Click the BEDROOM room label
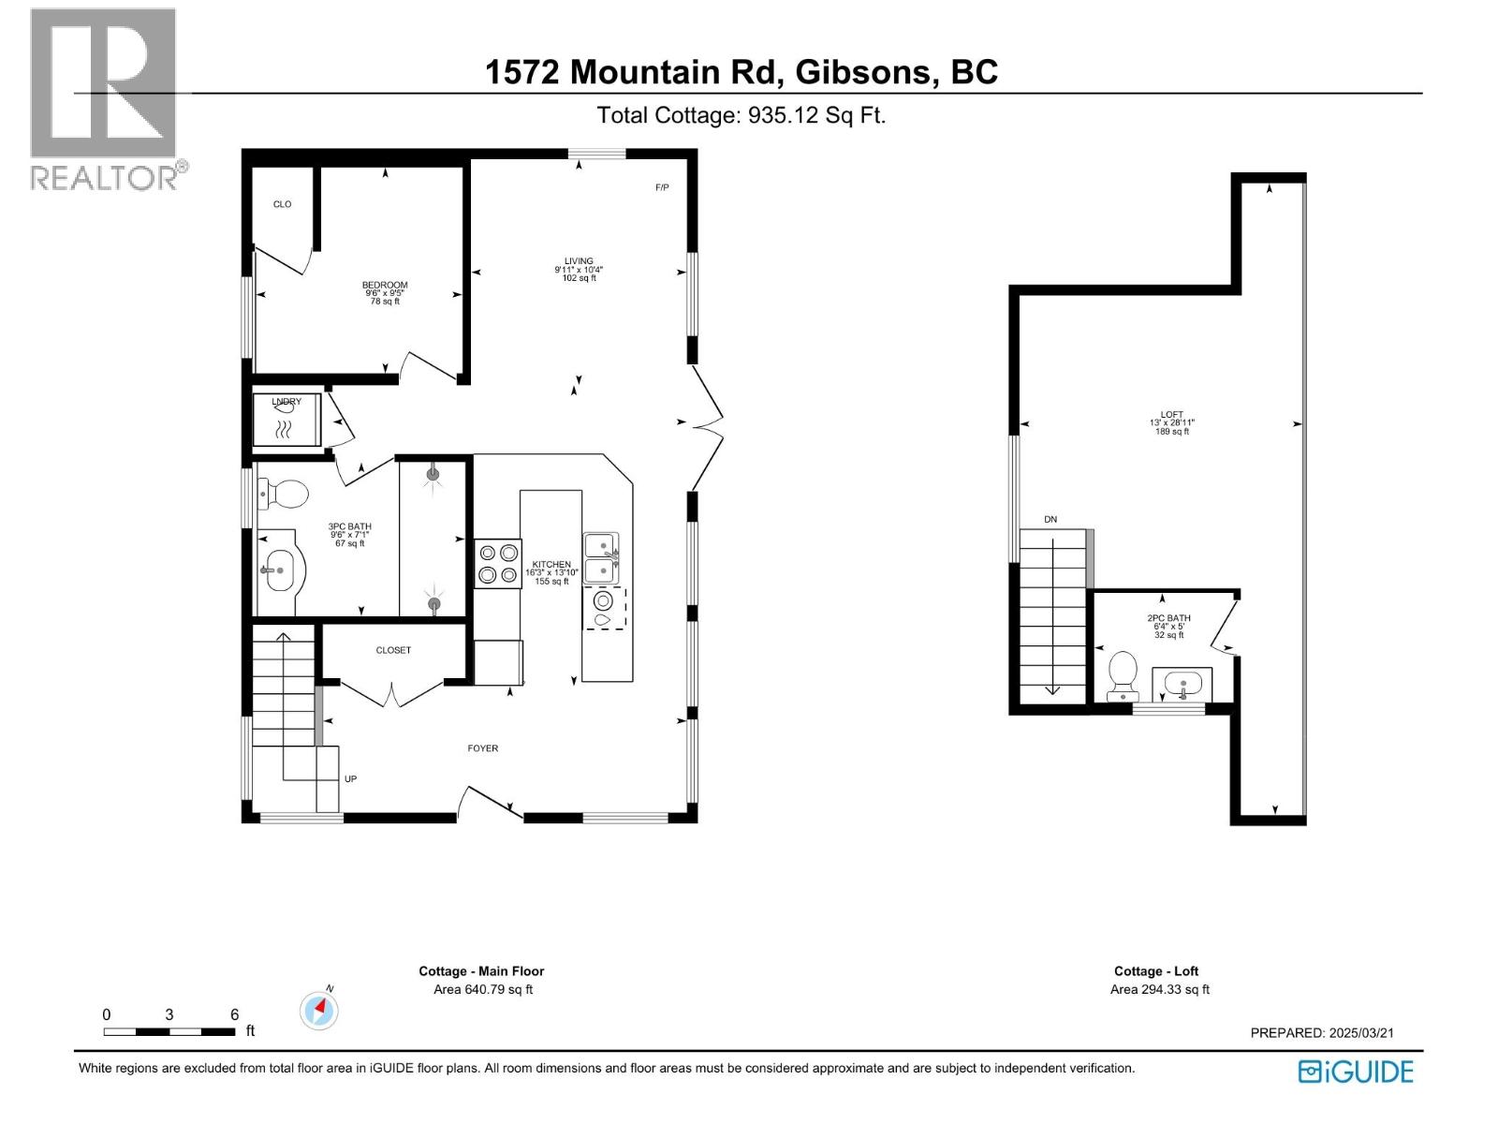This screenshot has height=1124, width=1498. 385,285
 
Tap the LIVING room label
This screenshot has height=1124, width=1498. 579,261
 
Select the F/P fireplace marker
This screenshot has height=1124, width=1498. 662,187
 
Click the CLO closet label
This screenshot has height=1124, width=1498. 282,204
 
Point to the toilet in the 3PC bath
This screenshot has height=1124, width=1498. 283,494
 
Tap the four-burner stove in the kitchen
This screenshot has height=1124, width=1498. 498,564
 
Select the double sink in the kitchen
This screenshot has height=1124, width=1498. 601,558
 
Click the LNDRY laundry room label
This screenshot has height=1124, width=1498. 286,402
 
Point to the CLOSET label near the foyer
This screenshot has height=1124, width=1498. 393,650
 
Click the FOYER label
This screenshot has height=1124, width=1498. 483,748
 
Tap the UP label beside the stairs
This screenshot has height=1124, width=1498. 350,779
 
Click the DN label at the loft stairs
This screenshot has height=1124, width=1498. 1050,519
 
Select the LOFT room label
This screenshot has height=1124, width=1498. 1171,414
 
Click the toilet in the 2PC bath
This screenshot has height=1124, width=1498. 1122,675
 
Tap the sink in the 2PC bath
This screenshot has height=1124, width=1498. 1182,684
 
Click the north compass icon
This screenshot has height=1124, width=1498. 319,1011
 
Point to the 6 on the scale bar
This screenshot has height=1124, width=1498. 235,1014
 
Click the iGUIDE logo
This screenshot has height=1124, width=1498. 1356,1072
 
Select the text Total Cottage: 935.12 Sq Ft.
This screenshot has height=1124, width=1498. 742,115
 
